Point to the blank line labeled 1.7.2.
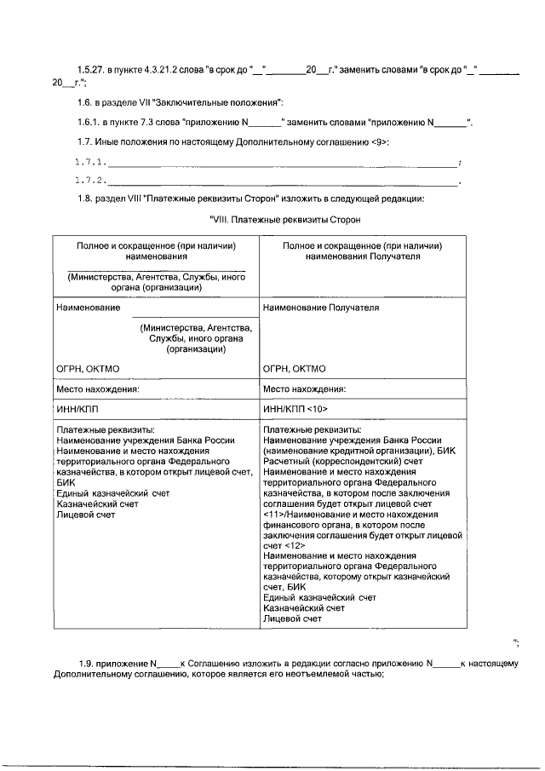[x=281, y=181]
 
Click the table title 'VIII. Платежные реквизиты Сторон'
[x=285, y=220]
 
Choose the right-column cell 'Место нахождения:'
[x=305, y=389]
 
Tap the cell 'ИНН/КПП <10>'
[x=297, y=410]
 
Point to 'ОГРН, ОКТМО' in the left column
[x=88, y=369]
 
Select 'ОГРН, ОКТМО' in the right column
[x=296, y=369]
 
